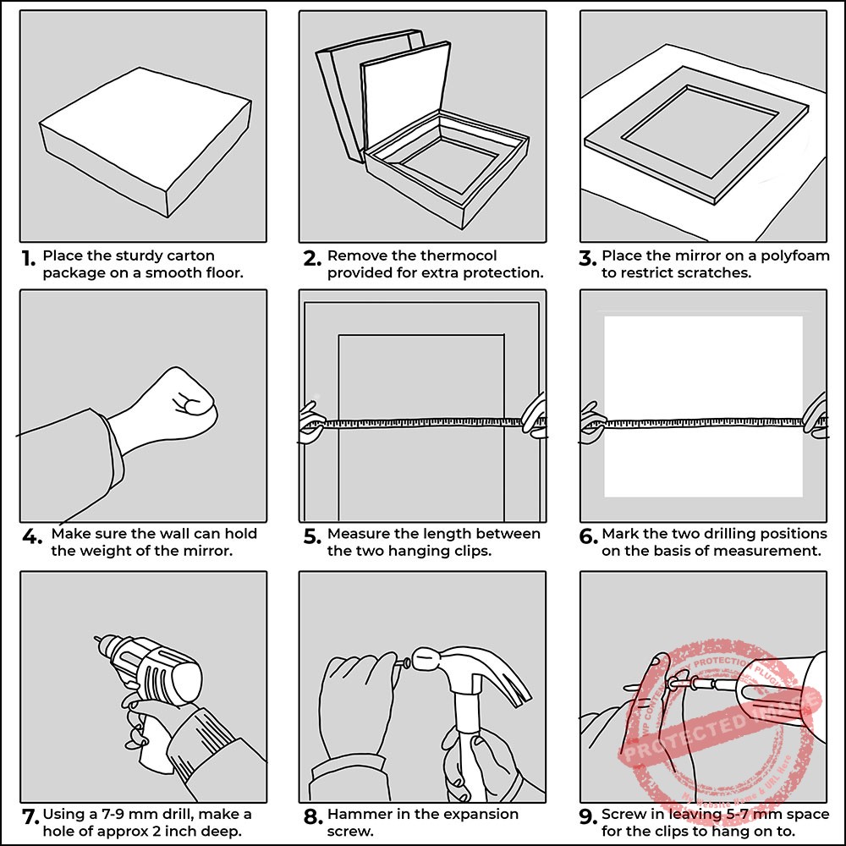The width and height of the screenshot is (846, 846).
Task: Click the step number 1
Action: pyautogui.click(x=29, y=257)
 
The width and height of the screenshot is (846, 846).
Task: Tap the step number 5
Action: pyautogui.click(x=311, y=536)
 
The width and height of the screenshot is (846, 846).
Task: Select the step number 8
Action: pyautogui.click(x=312, y=817)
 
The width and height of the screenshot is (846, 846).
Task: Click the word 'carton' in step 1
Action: pyautogui.click(x=192, y=255)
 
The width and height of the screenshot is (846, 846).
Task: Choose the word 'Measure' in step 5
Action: pyautogui.click(x=357, y=534)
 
